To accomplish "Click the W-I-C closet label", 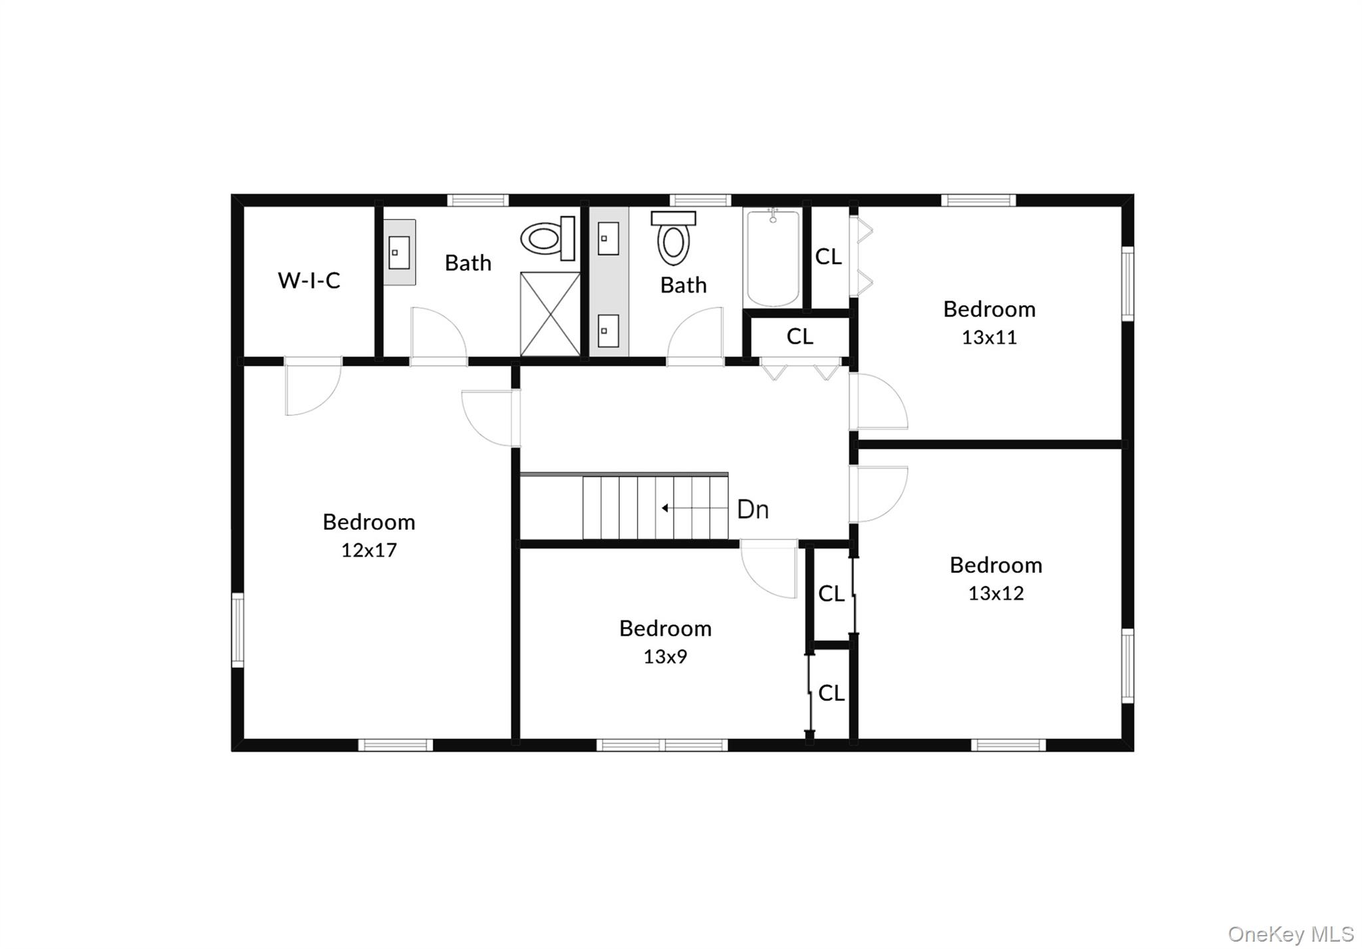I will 309,280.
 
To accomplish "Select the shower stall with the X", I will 550,313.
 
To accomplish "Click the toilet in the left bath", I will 548,238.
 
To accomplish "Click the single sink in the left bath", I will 399,253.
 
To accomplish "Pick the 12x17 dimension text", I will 368,550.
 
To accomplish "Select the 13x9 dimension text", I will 664,656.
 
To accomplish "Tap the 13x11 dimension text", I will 989,337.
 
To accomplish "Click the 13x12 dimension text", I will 996,593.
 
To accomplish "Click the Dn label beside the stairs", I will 753,509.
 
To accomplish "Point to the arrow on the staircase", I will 665,508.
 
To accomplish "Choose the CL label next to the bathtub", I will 828,257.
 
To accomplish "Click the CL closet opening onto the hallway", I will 799,337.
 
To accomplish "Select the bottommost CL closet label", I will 831,693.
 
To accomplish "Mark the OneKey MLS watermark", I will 1290,934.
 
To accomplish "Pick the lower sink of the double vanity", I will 608,331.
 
